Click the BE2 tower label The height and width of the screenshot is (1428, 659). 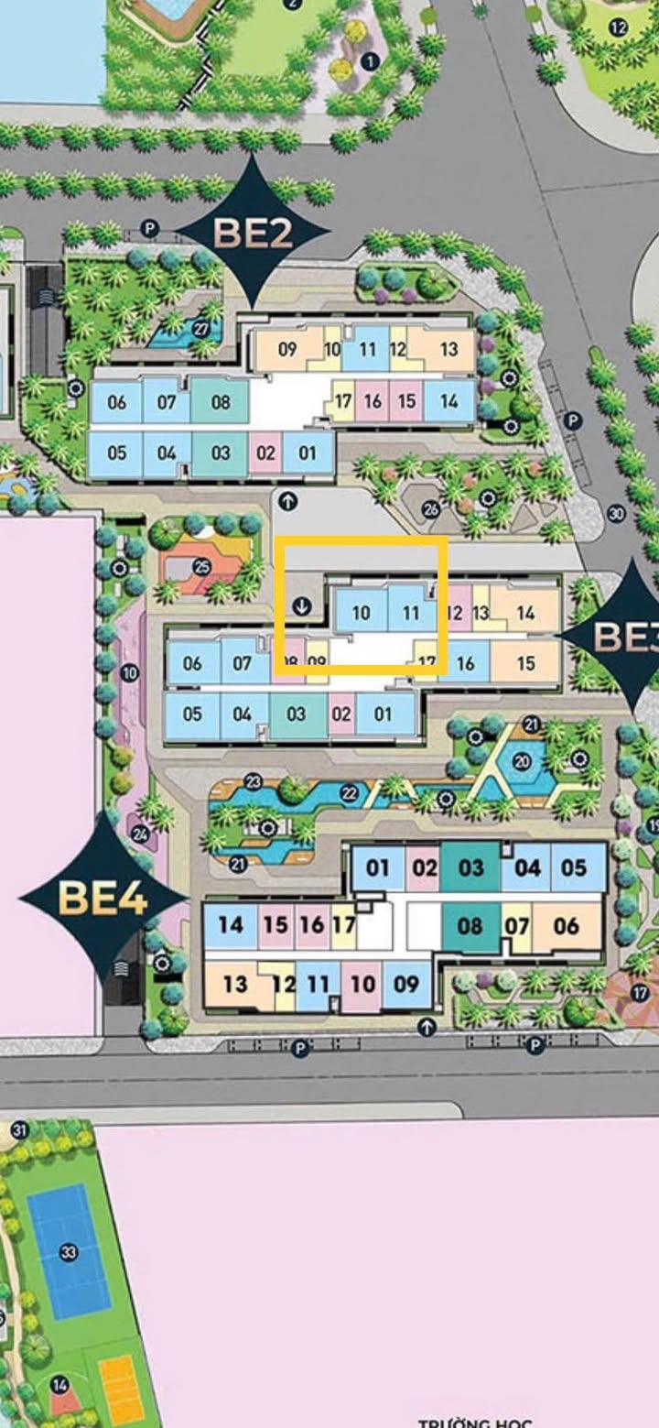point(253,233)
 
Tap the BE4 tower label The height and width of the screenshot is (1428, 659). point(103,897)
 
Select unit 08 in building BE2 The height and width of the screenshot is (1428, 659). point(221,402)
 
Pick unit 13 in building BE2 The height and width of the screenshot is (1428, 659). point(448,349)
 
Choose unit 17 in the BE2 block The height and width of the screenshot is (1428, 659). point(343,401)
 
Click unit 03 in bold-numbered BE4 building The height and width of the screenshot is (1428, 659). point(470,867)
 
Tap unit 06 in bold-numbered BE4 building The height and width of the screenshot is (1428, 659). point(567,926)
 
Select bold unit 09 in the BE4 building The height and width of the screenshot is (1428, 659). point(405,984)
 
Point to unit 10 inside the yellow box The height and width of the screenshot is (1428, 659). point(361,613)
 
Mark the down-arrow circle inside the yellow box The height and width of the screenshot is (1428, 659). point(303,605)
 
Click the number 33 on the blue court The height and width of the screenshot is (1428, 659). point(68,1252)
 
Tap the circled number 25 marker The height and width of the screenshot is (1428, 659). point(201,566)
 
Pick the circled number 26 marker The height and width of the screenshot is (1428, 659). point(431,509)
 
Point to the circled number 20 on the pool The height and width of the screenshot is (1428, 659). point(522,760)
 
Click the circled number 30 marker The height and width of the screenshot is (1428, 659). point(616,514)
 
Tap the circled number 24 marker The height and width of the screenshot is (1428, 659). point(139,834)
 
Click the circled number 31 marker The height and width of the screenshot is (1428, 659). point(19,1129)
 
